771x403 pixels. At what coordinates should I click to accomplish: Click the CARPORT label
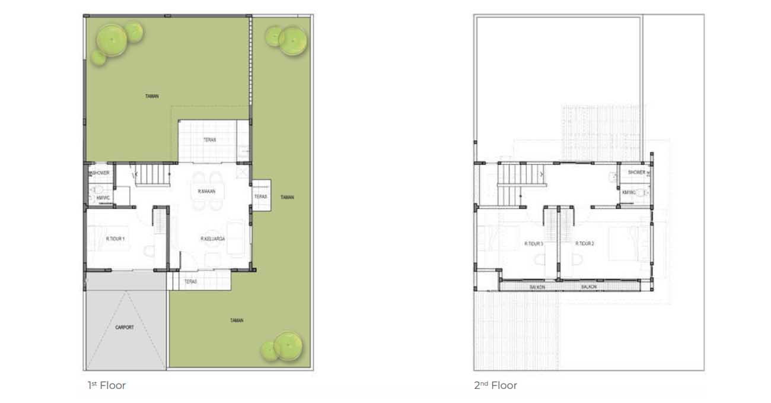(125, 327)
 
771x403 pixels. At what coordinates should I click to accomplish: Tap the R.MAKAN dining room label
(206, 191)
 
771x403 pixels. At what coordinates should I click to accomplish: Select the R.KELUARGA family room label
(212, 239)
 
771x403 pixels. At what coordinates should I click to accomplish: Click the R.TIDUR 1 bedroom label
(115, 239)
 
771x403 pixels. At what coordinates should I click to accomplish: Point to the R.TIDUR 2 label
(584, 244)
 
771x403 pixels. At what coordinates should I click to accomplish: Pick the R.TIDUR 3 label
(534, 244)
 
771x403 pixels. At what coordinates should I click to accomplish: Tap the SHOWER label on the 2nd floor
(636, 172)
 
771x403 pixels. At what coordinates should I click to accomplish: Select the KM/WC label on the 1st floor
(103, 197)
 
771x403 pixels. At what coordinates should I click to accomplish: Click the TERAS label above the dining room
(209, 140)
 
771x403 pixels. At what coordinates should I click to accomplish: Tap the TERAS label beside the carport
(190, 281)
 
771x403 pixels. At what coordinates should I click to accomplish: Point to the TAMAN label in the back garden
(153, 96)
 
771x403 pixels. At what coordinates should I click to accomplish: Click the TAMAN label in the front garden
(237, 321)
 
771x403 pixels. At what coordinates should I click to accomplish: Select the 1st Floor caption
(107, 386)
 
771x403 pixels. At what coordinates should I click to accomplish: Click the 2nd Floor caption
(495, 386)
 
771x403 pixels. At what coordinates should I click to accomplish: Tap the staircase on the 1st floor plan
(154, 175)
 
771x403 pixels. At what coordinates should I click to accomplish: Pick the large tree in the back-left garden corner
(112, 40)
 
